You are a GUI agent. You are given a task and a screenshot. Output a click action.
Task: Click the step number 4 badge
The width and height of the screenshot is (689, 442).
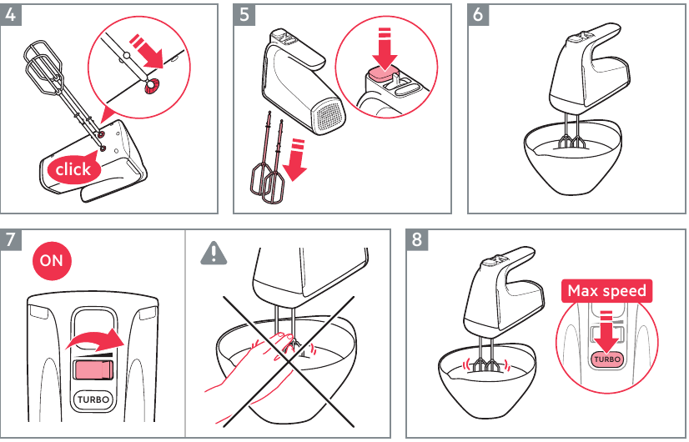[11, 15]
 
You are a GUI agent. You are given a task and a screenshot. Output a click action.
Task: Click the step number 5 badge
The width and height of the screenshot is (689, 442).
[244, 15]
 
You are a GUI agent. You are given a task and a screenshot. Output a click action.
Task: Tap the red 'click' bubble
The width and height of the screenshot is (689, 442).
[73, 169]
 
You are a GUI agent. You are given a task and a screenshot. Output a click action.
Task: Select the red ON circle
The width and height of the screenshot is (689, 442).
[51, 260]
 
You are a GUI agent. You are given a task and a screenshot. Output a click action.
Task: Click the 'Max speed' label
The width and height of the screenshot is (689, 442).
[606, 291]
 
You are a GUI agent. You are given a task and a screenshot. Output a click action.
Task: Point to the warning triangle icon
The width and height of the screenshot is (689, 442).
[214, 253]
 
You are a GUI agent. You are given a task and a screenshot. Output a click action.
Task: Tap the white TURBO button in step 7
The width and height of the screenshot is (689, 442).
[88, 399]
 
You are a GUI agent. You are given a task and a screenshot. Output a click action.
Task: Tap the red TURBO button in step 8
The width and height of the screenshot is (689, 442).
[607, 359]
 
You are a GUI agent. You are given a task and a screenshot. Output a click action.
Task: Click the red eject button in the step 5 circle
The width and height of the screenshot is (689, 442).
[383, 74]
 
